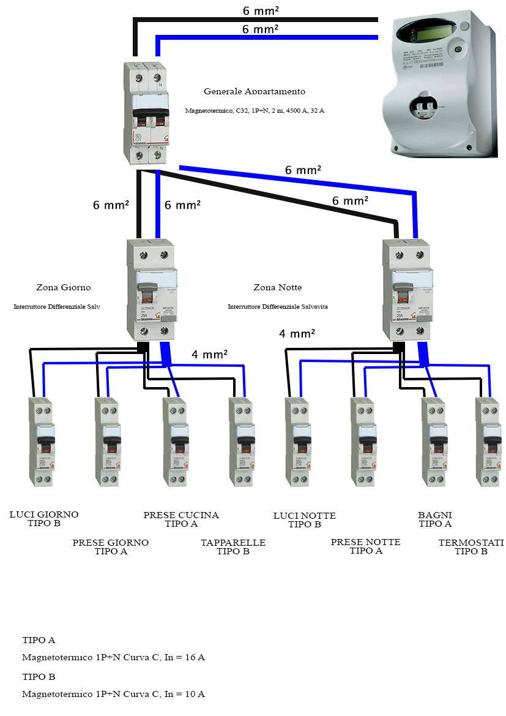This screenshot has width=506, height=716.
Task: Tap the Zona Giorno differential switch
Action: click(152, 289)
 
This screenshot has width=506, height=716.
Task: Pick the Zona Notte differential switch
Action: click(407, 289)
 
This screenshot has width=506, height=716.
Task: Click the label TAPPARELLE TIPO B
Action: click(233, 547)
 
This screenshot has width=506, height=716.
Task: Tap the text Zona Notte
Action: click(277, 287)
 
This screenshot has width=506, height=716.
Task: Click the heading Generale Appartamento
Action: click(254, 91)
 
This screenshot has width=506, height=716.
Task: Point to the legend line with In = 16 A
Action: click(113, 658)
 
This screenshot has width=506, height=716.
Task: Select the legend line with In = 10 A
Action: click(113, 695)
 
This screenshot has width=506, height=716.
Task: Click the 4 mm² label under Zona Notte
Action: click(297, 334)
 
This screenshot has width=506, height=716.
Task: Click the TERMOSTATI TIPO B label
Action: click(471, 547)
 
